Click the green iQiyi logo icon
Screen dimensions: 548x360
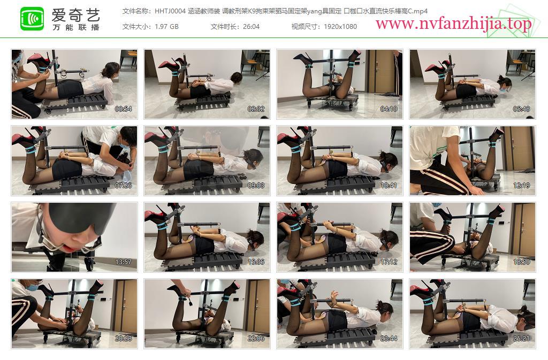[32, 19]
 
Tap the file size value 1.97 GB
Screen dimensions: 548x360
[167, 27]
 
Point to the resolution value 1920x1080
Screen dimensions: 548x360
[340, 27]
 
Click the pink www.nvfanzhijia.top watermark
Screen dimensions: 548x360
[453, 24]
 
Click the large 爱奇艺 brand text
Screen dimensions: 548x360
[76, 14]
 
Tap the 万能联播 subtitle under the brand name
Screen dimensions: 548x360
[76, 27]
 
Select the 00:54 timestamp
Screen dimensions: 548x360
[124, 109]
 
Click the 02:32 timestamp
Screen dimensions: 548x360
[256, 109]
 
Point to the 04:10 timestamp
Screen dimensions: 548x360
[389, 109]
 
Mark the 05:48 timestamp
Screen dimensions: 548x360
[521, 109]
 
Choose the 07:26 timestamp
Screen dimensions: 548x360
[124, 186]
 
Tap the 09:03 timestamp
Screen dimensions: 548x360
[256, 186]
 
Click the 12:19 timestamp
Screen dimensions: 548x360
[521, 186]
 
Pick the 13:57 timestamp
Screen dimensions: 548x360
[124, 262]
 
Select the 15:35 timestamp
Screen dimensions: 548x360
[256, 262]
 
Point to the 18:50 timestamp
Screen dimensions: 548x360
[521, 262]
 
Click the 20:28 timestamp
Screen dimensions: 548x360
[124, 339]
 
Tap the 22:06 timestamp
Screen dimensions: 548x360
[256, 339]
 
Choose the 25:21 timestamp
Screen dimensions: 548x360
[521, 339]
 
